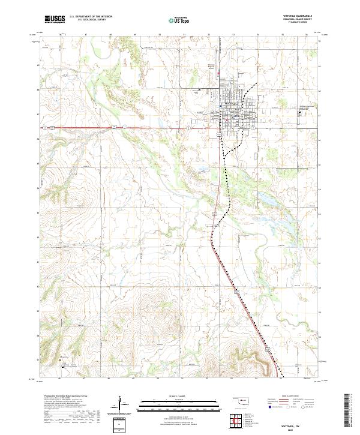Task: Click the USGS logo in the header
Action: pos(55,19)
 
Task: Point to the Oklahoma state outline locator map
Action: pos(242,400)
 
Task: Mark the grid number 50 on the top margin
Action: pos(160,35)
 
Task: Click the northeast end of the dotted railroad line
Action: pos(258,83)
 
